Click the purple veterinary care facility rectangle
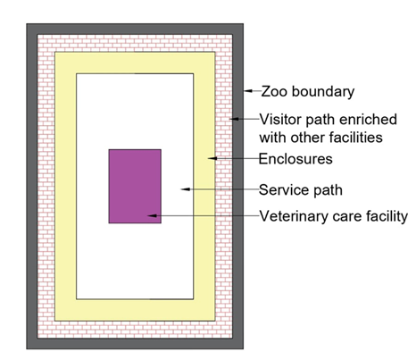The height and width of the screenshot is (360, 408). tap(135, 186)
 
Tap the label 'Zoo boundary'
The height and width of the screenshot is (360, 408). tap(308, 91)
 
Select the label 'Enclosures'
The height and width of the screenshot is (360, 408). tap(296, 159)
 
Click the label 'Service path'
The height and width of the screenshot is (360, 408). tap(301, 190)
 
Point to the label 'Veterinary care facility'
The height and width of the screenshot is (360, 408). tap(333, 216)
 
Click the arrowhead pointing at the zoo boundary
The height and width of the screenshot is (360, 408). tap(248, 91)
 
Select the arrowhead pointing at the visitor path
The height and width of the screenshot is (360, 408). tap(234, 119)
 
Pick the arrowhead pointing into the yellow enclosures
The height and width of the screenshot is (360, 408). tap(212, 158)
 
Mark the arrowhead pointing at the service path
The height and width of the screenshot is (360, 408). tap(186, 189)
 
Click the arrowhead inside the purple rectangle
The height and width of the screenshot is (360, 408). tap(152, 215)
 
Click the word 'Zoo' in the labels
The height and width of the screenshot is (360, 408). tap(274, 91)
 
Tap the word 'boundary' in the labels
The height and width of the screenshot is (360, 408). tap(323, 92)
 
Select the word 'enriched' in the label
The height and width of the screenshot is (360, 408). tap(368, 120)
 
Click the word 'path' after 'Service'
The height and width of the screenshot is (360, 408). tap(328, 190)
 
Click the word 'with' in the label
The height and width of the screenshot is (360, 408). tap(272, 138)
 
